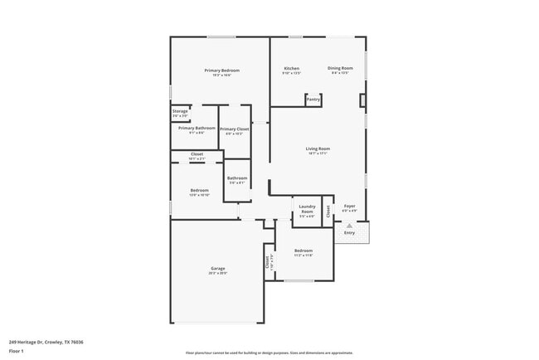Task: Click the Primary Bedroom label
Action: coord(221,71)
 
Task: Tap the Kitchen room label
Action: coord(291,68)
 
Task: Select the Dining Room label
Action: coord(340,68)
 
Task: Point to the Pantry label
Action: coord(313,100)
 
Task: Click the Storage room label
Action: coord(180,110)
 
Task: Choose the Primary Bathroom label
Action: coord(197,128)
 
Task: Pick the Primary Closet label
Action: coord(235,129)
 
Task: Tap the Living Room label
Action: coord(318,148)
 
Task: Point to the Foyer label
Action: coord(350,206)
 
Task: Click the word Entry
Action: coord(349,232)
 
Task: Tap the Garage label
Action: coord(218,268)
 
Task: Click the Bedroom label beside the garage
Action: coord(303,251)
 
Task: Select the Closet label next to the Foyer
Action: coord(328,211)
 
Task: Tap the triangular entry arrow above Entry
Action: coord(349,225)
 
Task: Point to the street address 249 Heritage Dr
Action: coord(46,341)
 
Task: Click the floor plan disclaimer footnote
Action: coord(269,352)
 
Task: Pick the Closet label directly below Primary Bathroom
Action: coord(197,154)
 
